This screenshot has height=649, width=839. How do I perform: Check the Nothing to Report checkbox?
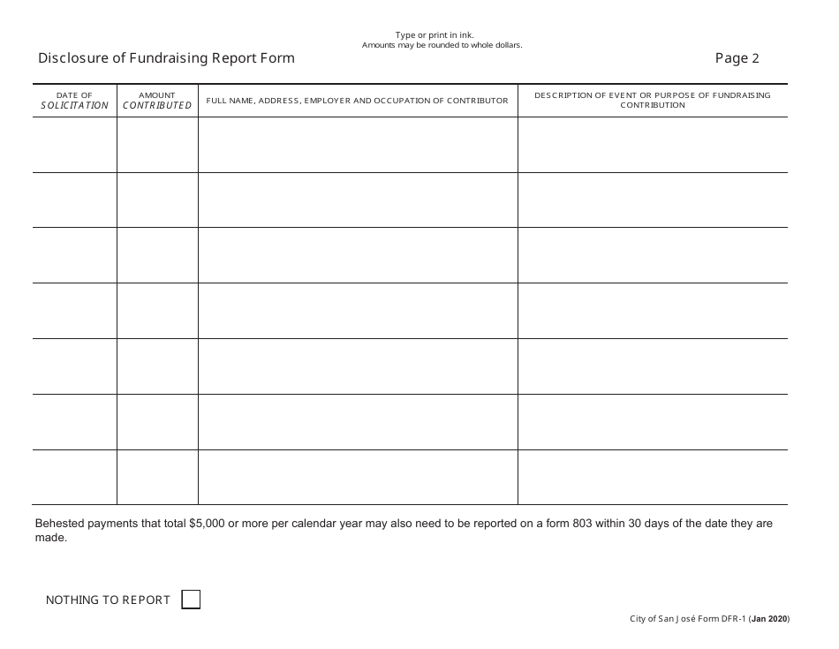(x=191, y=600)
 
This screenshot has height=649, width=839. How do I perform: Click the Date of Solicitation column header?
(x=74, y=101)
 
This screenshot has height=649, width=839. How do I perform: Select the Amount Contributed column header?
(x=157, y=101)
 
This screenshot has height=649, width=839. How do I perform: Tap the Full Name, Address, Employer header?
(x=357, y=101)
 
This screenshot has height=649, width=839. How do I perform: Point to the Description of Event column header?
(x=652, y=100)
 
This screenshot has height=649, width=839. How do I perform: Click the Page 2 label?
(x=737, y=58)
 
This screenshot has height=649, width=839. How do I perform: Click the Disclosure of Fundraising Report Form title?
(x=166, y=58)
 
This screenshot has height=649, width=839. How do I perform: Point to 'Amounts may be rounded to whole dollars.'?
(x=442, y=45)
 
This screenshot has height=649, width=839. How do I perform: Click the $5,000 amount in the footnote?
(x=207, y=524)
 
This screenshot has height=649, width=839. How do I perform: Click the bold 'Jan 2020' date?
(x=769, y=620)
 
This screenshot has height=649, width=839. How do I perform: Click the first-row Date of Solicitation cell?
(x=74, y=145)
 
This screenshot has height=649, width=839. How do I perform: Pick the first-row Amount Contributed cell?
(x=157, y=145)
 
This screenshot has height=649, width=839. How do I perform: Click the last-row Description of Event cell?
(x=652, y=477)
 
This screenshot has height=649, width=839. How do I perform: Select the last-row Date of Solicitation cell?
(x=74, y=477)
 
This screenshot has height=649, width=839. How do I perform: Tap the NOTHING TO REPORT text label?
(x=108, y=600)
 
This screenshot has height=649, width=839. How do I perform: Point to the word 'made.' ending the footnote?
(x=50, y=538)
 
